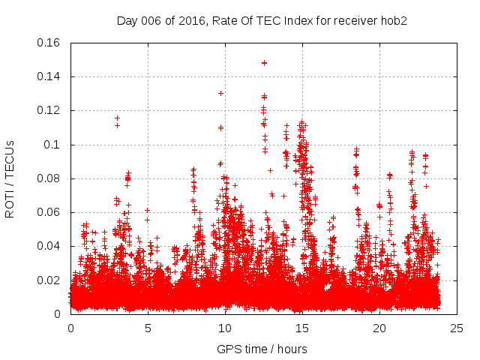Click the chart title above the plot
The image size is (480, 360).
262,20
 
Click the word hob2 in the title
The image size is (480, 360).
392,20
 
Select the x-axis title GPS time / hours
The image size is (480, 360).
262,349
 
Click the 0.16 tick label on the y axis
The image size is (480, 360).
49,43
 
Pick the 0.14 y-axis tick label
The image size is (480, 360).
49,76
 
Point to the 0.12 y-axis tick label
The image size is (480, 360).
49,110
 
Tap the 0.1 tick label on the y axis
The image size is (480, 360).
53,145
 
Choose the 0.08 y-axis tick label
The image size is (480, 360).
49,178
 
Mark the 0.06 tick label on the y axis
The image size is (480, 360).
49,212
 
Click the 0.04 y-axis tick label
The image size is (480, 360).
49,246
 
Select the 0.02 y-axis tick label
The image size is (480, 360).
49,280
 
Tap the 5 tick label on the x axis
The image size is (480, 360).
148,328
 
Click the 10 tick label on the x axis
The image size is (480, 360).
225,328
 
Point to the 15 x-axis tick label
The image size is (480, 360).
302,328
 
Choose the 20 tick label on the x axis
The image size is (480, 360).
379,328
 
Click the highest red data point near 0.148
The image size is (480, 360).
264,63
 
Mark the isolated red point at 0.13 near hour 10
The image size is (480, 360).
220,93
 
